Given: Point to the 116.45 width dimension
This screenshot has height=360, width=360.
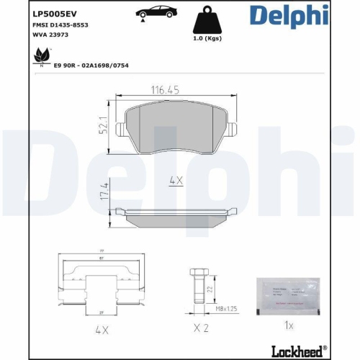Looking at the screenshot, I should (x=165, y=91).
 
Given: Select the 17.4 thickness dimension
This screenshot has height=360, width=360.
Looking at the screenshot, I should (x=105, y=194).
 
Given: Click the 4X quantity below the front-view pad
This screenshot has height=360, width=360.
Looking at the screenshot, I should (x=176, y=181).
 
